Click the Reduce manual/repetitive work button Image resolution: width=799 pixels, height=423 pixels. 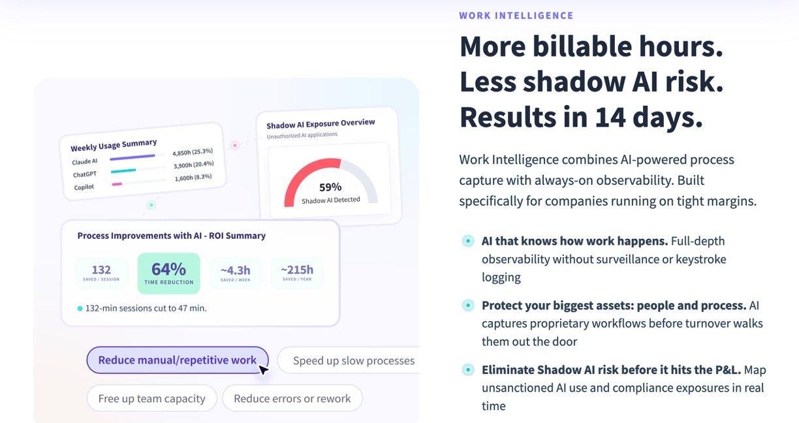tap(178, 360)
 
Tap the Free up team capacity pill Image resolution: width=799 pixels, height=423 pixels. tap(151, 398)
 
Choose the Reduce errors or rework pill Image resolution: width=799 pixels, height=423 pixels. tap(292, 398)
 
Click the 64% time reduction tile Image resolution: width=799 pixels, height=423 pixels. tap(168, 274)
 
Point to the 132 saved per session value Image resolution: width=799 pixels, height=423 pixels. tap(101, 270)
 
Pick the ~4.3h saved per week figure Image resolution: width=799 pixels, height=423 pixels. tap(236, 270)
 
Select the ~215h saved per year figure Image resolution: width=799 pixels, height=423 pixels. tap(297, 270)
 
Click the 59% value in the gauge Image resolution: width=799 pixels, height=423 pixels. tap(330, 187)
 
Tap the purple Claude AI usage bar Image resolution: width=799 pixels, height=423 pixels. tap(133, 157)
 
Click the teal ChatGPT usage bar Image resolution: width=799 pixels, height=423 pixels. tap(123, 171)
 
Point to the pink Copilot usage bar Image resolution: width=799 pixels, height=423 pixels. tap(117, 184)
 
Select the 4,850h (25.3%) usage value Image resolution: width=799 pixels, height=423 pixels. tap(193, 152)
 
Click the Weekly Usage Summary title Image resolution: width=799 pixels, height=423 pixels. tap(114, 145)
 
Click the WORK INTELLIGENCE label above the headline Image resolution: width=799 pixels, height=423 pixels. tap(516, 16)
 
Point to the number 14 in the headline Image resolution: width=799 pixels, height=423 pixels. tap(610, 117)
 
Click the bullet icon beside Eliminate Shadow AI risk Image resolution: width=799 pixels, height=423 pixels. tap(468, 369)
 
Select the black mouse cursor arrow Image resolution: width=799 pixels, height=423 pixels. tap(263, 370)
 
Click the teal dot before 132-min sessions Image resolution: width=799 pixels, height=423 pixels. tap(80, 309)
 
